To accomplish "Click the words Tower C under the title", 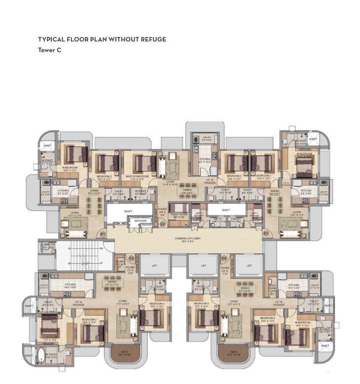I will click(49, 50).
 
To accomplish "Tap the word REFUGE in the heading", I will click(154, 39).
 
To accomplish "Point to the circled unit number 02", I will click(162, 224).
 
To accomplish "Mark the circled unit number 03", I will click(266, 233).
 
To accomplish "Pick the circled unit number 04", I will click(224, 258).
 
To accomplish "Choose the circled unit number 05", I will click(131, 258).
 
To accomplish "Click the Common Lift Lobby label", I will click(187, 239).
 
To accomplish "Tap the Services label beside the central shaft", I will click(141, 221).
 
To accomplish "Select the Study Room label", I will click(178, 214).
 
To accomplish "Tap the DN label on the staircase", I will click(101, 248).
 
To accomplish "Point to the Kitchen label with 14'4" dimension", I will click(70, 284).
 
